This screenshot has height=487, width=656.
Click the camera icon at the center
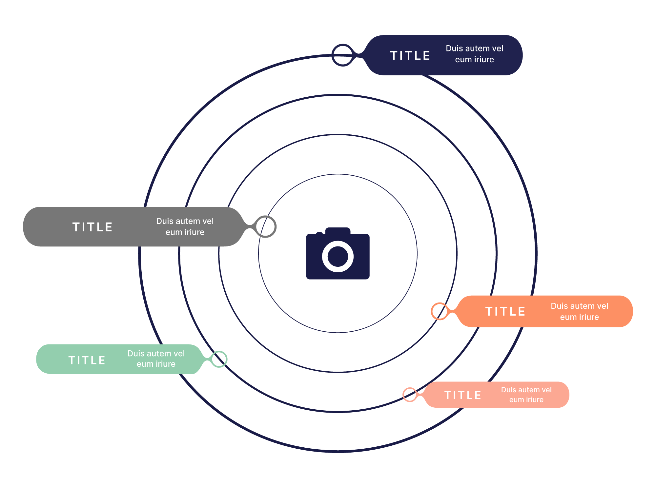(x=338, y=254)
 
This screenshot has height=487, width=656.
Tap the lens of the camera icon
(x=338, y=256)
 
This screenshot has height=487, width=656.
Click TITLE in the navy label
(x=410, y=55)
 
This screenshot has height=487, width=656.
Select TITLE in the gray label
(x=92, y=227)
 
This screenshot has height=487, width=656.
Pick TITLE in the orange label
(x=505, y=311)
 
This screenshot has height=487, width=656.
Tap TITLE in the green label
(x=87, y=360)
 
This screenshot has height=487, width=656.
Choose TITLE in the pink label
(x=463, y=395)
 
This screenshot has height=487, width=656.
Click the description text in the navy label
(x=474, y=54)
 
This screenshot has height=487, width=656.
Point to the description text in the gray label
(x=185, y=226)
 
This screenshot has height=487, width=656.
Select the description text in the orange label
(x=579, y=311)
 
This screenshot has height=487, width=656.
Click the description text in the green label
(x=156, y=359)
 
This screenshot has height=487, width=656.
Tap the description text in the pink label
(x=526, y=395)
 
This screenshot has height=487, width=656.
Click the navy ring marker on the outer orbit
(x=342, y=55)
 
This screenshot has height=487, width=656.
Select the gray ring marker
(x=266, y=226)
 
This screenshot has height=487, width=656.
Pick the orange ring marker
(x=439, y=311)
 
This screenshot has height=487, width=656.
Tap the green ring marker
(x=219, y=359)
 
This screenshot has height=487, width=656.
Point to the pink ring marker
(x=410, y=395)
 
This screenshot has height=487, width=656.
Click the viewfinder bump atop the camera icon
(x=338, y=230)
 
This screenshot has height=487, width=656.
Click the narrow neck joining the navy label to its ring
(x=360, y=55)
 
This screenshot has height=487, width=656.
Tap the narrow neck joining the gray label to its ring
(x=251, y=226)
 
